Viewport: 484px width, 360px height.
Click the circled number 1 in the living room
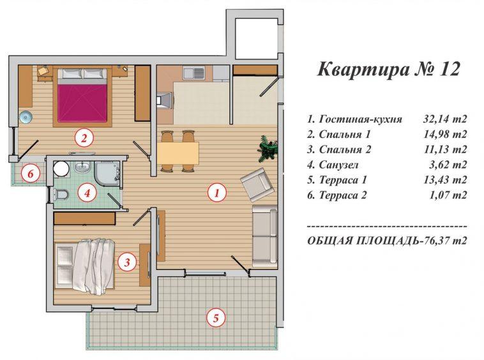click(217, 191)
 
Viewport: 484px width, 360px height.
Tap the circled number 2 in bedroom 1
click(82, 137)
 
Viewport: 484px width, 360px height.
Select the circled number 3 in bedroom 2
click(128, 260)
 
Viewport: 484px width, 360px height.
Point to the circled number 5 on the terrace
click(216, 317)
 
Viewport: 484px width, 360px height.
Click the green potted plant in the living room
click(268, 148)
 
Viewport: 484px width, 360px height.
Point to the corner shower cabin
click(107, 171)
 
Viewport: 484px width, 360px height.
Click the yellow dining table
click(178, 152)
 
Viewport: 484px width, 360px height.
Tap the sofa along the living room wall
click(264, 235)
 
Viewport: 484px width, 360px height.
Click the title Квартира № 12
click(388, 69)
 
